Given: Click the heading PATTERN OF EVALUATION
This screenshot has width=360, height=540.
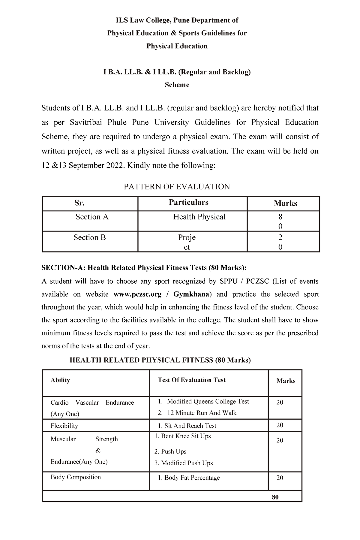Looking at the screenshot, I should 177,187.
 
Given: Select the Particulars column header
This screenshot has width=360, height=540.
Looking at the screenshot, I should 188,202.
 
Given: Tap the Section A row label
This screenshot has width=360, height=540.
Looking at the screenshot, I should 92,217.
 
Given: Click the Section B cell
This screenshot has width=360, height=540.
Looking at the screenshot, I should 90,237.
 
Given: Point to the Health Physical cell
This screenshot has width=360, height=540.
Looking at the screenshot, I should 199,217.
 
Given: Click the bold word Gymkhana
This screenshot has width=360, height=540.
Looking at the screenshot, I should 191,294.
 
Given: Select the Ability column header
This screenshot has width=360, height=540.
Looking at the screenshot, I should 60,380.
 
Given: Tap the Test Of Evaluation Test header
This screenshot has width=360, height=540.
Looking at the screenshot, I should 191,380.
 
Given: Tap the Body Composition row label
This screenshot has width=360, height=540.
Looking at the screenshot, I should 76,477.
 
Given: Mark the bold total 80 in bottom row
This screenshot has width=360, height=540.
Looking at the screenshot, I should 275,497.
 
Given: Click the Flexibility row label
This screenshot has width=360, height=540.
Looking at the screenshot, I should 64,426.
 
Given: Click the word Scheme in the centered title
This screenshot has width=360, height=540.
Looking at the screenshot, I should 177,85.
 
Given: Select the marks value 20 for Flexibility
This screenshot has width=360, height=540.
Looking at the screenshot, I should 280,425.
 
